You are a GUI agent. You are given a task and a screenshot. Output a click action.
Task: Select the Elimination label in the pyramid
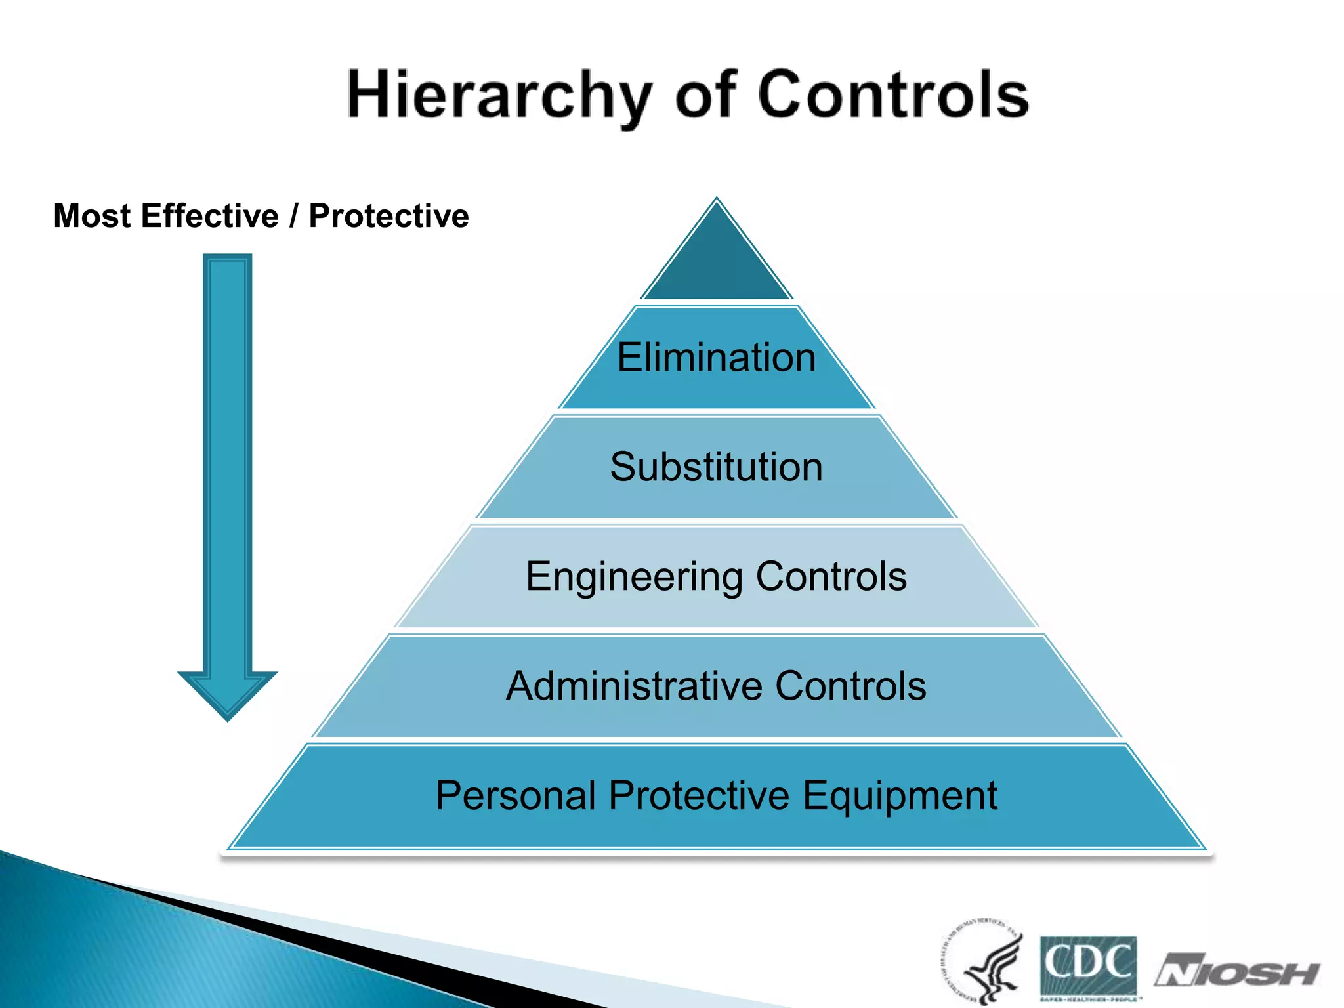pyautogui.click(x=717, y=358)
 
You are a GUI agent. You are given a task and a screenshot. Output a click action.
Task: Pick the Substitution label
pyautogui.click(x=717, y=467)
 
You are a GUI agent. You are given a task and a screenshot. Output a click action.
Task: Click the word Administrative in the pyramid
pyautogui.click(x=633, y=686)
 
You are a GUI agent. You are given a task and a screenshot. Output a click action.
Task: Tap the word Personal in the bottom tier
pyautogui.click(x=515, y=796)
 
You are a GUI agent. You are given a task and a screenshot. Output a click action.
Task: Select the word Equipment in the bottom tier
pyautogui.click(x=900, y=796)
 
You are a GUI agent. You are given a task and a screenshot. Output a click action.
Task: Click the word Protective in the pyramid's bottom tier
pyautogui.click(x=699, y=796)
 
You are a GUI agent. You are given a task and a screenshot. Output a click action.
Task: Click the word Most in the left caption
pyautogui.click(x=92, y=216)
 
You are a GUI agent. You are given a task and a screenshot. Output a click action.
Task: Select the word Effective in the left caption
pyautogui.click(x=210, y=216)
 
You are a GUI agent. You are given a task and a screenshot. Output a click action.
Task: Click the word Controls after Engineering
pyautogui.click(x=831, y=577)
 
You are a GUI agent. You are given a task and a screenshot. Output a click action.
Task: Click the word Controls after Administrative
pyautogui.click(x=850, y=686)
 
